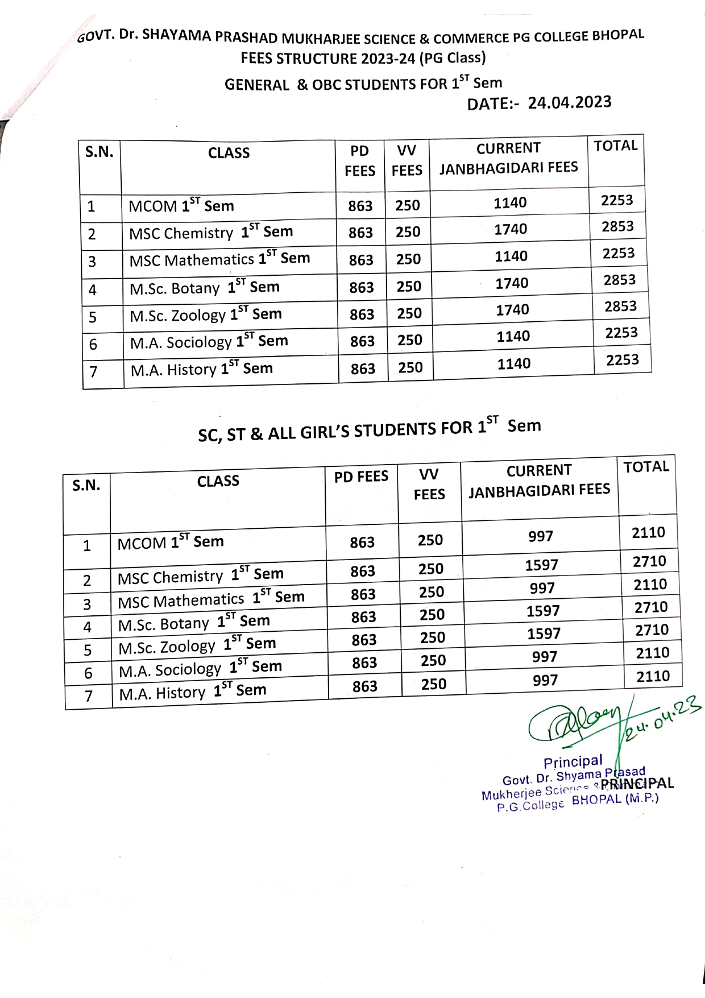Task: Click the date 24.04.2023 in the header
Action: click(569, 103)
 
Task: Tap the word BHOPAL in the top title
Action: click(618, 35)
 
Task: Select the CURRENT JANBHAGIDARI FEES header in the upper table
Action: click(508, 158)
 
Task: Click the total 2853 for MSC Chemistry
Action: click(617, 227)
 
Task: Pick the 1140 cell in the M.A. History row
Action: click(514, 364)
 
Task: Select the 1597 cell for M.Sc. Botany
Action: click(543, 611)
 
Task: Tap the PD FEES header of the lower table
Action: click(361, 477)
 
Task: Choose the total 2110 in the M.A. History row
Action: click(653, 676)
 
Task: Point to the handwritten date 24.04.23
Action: click(662, 719)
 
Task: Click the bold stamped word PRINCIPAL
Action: click(637, 784)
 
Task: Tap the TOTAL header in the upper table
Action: click(616, 146)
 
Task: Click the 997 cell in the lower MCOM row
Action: click(540, 536)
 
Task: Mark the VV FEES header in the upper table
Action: click(407, 160)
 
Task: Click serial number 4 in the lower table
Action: click(88, 627)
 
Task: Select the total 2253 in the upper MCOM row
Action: click(617, 200)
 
